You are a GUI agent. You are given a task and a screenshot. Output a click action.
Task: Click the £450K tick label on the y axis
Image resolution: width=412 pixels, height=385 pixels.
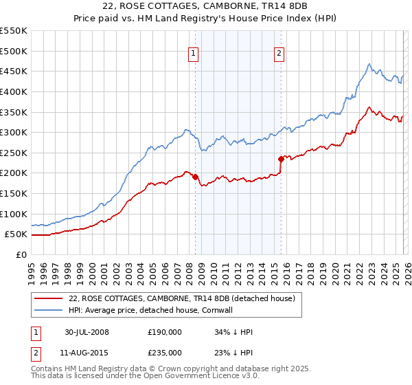click(13, 71)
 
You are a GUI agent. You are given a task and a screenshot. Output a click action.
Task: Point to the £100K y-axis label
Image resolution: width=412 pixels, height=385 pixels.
click(13, 214)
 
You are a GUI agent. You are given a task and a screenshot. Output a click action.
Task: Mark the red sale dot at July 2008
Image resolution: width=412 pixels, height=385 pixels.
click(196, 177)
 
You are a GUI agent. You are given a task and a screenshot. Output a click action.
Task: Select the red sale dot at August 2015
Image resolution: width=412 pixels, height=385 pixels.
click(281, 159)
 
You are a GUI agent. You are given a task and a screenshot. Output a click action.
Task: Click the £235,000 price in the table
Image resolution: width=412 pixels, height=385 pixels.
click(164, 352)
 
